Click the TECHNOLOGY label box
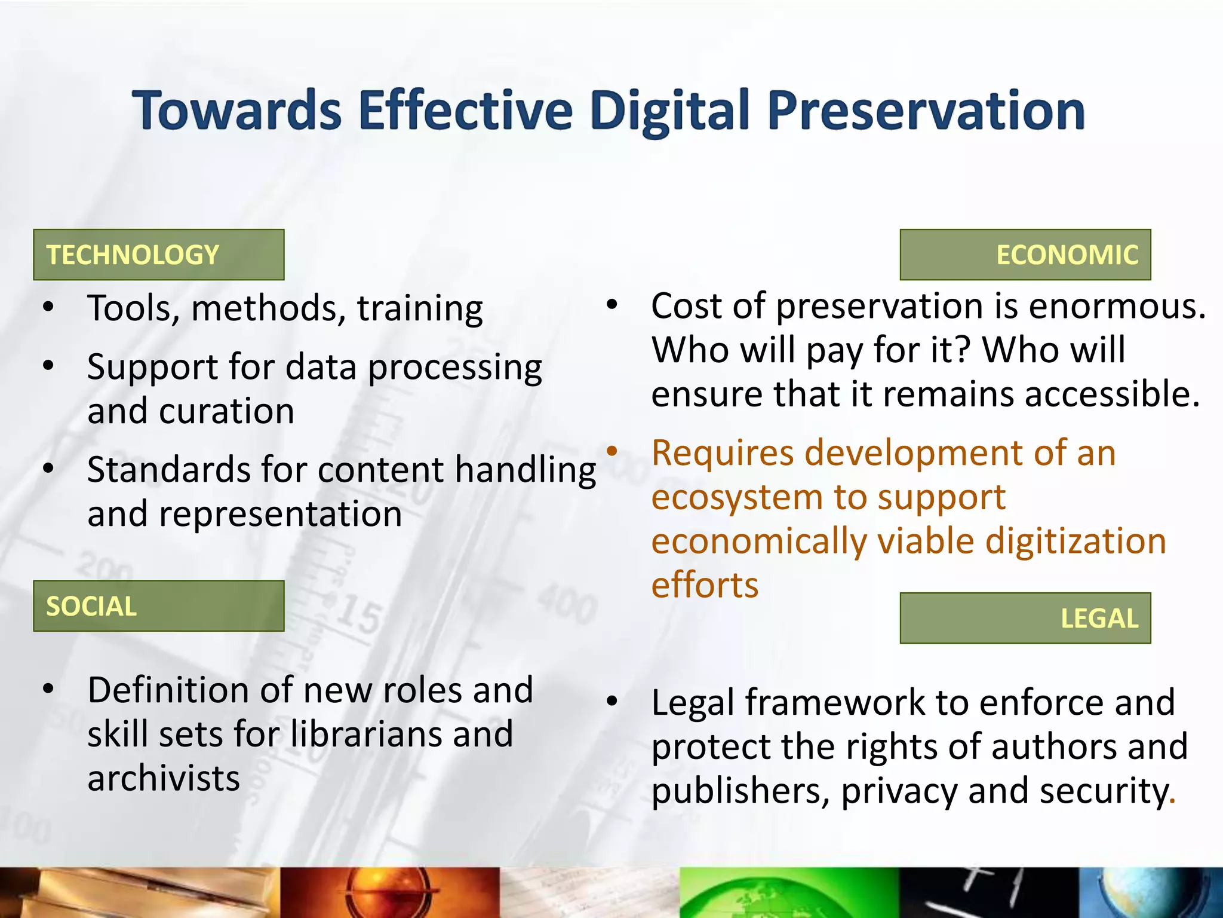158,255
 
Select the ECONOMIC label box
1025,255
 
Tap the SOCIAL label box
158,606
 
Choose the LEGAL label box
1025,618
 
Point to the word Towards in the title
236,111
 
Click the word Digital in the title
669,111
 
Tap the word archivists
164,778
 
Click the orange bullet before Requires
611,450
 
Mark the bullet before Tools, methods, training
48,307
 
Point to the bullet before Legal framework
611,700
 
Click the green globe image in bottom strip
788,893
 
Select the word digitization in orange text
1075,541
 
